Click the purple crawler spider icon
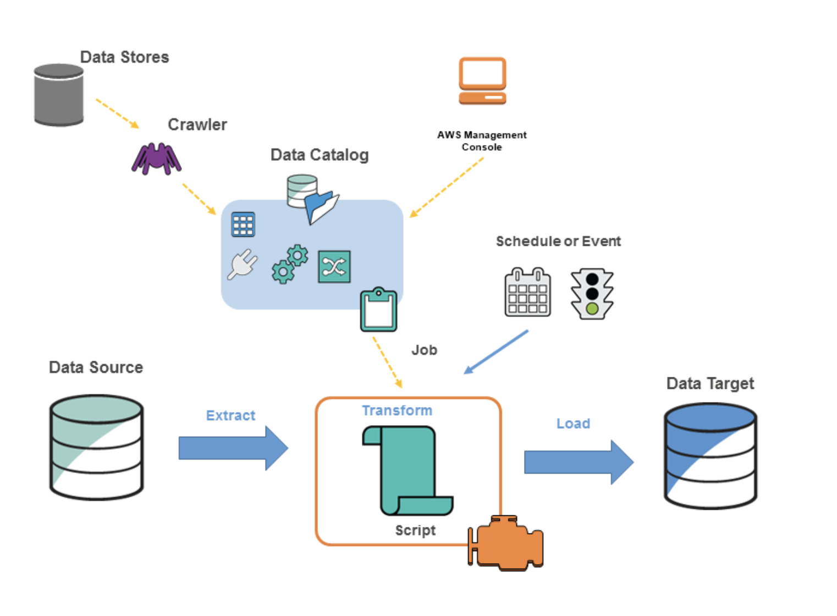[156, 158]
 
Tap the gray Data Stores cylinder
[59, 95]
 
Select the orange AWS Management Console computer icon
[482, 81]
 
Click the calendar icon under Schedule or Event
[527, 293]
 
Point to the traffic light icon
[592, 294]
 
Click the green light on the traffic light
[592, 309]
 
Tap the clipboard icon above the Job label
[378, 310]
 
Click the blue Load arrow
[578, 462]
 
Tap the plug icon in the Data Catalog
[243, 264]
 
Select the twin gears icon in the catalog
[290, 264]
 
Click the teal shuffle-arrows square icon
[334, 267]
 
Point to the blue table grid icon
[243, 224]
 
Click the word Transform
[397, 410]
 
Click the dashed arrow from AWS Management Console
[447, 187]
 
